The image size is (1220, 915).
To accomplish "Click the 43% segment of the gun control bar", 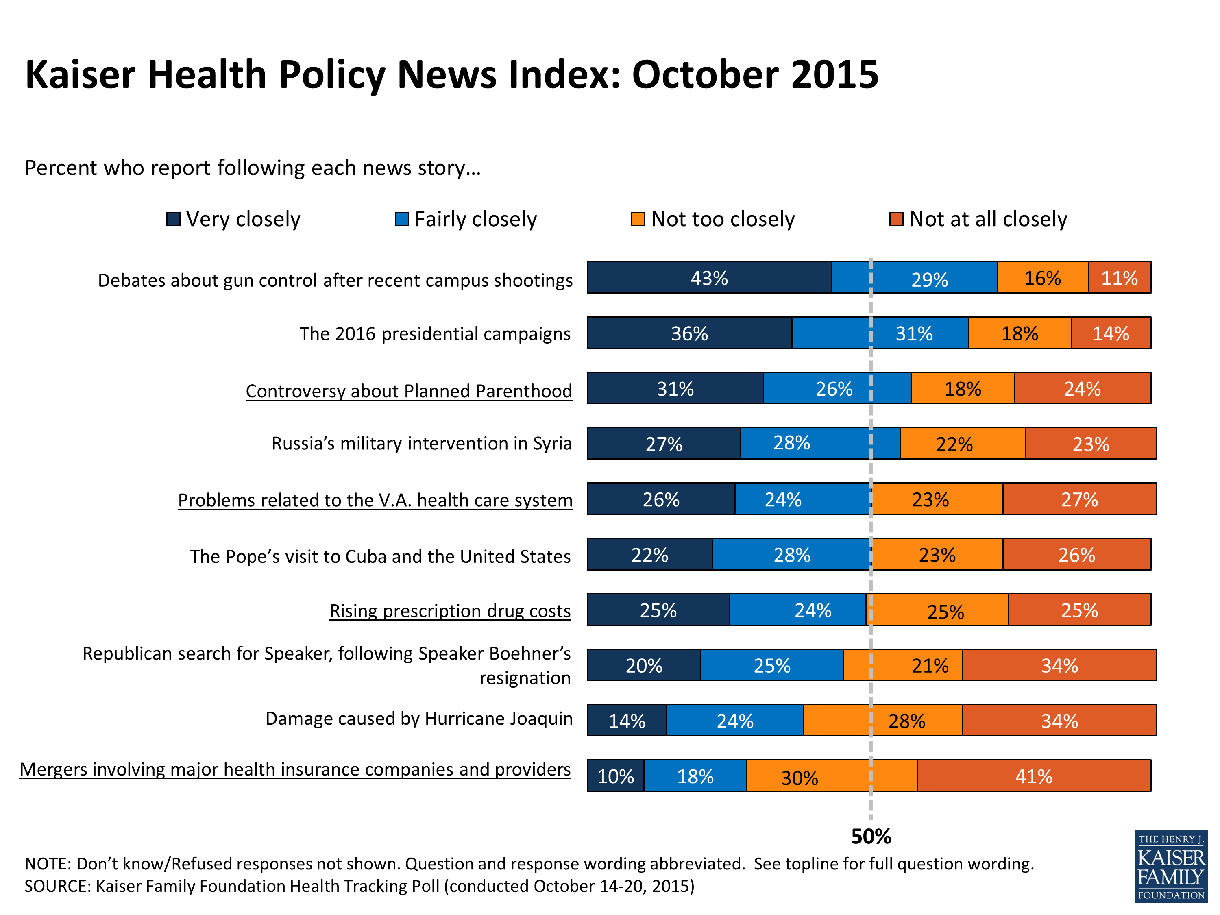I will point(709,277).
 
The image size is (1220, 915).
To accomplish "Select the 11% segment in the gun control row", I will point(1119,277).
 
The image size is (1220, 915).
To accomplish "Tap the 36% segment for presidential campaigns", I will point(689,333).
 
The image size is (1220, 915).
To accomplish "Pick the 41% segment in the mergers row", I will point(1034,776).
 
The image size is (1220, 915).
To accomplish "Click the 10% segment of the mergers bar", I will point(616,776).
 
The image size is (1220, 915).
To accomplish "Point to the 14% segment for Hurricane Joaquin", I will point(627,720).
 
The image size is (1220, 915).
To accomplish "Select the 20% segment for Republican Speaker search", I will point(644,665).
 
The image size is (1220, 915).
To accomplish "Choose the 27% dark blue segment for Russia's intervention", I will point(664,443).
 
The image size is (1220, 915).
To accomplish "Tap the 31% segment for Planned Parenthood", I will point(675,388).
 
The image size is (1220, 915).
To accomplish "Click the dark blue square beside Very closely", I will point(173,219).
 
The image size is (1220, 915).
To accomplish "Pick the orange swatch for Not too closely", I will point(638,219).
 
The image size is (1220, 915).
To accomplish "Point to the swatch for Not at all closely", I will point(896,219).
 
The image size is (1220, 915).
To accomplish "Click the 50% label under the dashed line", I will point(871,836).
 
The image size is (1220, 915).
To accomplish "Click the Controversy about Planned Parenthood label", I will point(409,390).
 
